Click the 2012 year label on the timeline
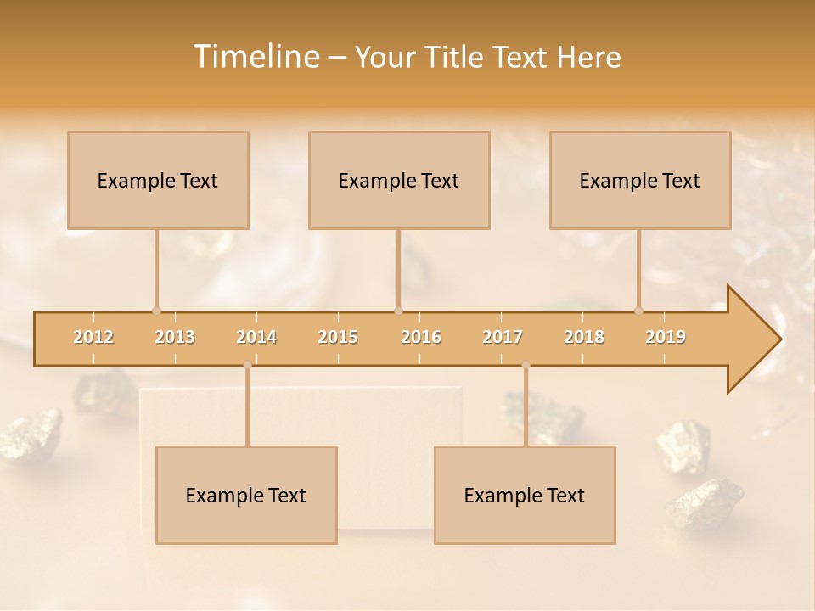(x=93, y=337)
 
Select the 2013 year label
(x=175, y=337)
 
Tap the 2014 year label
(x=256, y=337)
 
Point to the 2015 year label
(x=338, y=337)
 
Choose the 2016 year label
(x=421, y=337)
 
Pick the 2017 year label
(x=503, y=337)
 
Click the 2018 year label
(x=584, y=337)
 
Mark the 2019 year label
(x=666, y=337)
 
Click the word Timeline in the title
(x=255, y=57)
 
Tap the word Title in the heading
(x=456, y=57)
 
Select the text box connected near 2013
(x=158, y=180)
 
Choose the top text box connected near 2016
(x=399, y=180)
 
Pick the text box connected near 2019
(x=640, y=180)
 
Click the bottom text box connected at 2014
(x=246, y=495)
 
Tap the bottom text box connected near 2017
(x=525, y=495)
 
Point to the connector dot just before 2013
(x=156, y=311)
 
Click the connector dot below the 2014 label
(x=247, y=365)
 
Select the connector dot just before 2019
(x=638, y=311)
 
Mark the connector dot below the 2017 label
(x=526, y=365)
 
